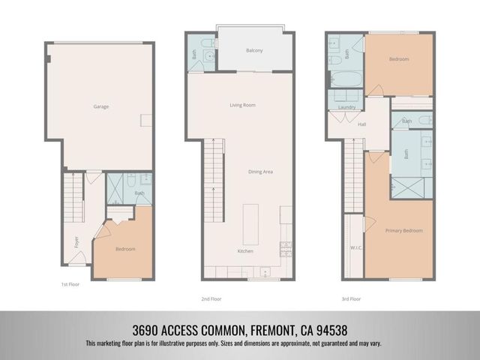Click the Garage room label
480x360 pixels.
click(100, 106)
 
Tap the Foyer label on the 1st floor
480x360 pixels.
click(76, 241)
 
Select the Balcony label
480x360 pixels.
click(254, 50)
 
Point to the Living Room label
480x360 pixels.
click(242, 105)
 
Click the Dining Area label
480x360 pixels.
click(260, 172)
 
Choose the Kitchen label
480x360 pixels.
click(245, 250)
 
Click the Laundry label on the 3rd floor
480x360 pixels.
click(346, 107)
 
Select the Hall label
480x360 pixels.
click(361, 124)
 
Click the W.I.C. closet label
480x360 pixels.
click(356, 247)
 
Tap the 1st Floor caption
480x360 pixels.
click(70, 285)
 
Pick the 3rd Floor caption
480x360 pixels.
click(349, 298)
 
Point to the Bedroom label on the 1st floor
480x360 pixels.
click(124, 248)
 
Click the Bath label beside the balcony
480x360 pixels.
click(194, 54)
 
